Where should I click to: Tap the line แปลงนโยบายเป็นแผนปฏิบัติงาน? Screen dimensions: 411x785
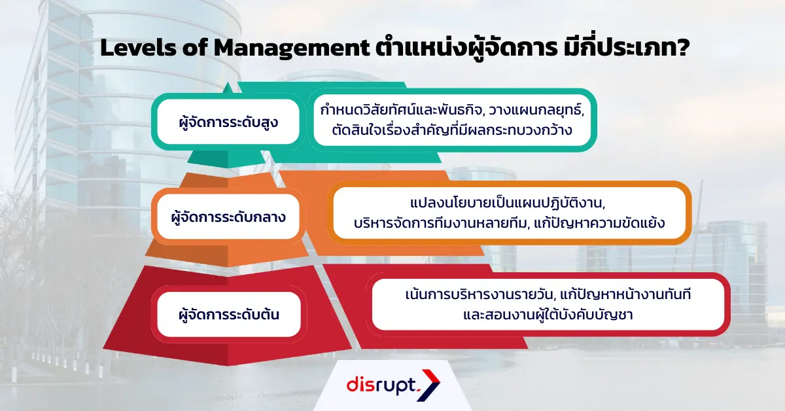(509, 204)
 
